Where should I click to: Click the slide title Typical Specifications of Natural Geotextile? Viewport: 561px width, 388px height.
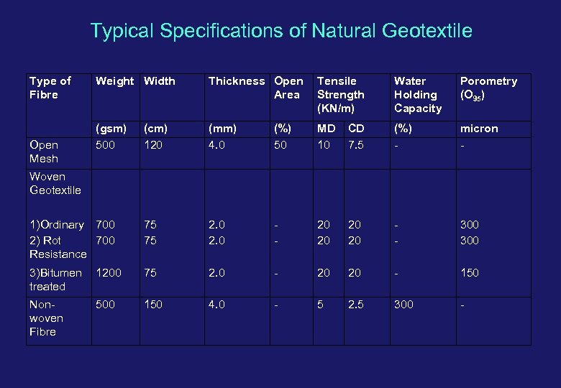[281, 31]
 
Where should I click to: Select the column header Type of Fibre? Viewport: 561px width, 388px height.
[50, 88]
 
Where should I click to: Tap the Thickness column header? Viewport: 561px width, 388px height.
[236, 81]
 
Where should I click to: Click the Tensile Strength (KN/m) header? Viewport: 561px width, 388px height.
[340, 94]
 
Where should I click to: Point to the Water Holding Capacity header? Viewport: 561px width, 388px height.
[417, 94]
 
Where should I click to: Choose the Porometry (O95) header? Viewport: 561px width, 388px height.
[488, 88]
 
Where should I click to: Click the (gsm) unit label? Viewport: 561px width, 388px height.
[111, 129]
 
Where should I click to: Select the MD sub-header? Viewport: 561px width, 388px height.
[326, 129]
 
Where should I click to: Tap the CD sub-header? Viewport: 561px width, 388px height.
[356, 129]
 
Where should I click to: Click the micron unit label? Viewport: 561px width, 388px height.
[479, 129]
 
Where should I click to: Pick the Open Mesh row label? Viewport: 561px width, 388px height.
[44, 151]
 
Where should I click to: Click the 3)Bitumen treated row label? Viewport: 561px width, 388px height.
[55, 280]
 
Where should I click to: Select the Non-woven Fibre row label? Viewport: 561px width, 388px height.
[47, 318]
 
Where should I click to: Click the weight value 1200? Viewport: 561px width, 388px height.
[109, 273]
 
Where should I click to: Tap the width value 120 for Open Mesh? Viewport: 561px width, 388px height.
[153, 144]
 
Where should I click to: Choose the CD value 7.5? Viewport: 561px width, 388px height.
[355, 144]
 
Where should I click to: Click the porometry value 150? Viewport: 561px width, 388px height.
[469, 273]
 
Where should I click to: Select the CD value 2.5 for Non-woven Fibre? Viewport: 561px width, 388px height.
[355, 305]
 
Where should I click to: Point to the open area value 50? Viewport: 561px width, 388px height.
[281, 144]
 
